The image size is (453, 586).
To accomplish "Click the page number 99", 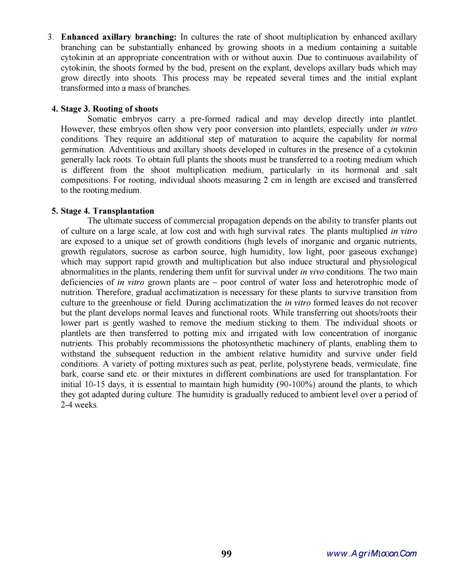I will click(226, 554).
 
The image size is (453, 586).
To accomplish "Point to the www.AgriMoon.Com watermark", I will click(371, 553).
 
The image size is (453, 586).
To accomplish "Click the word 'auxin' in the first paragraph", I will click(282, 57).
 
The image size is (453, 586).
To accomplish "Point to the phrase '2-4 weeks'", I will click(79, 405).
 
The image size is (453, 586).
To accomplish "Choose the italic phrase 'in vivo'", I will click(312, 272).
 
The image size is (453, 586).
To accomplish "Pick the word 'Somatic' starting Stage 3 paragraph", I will click(102, 119).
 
